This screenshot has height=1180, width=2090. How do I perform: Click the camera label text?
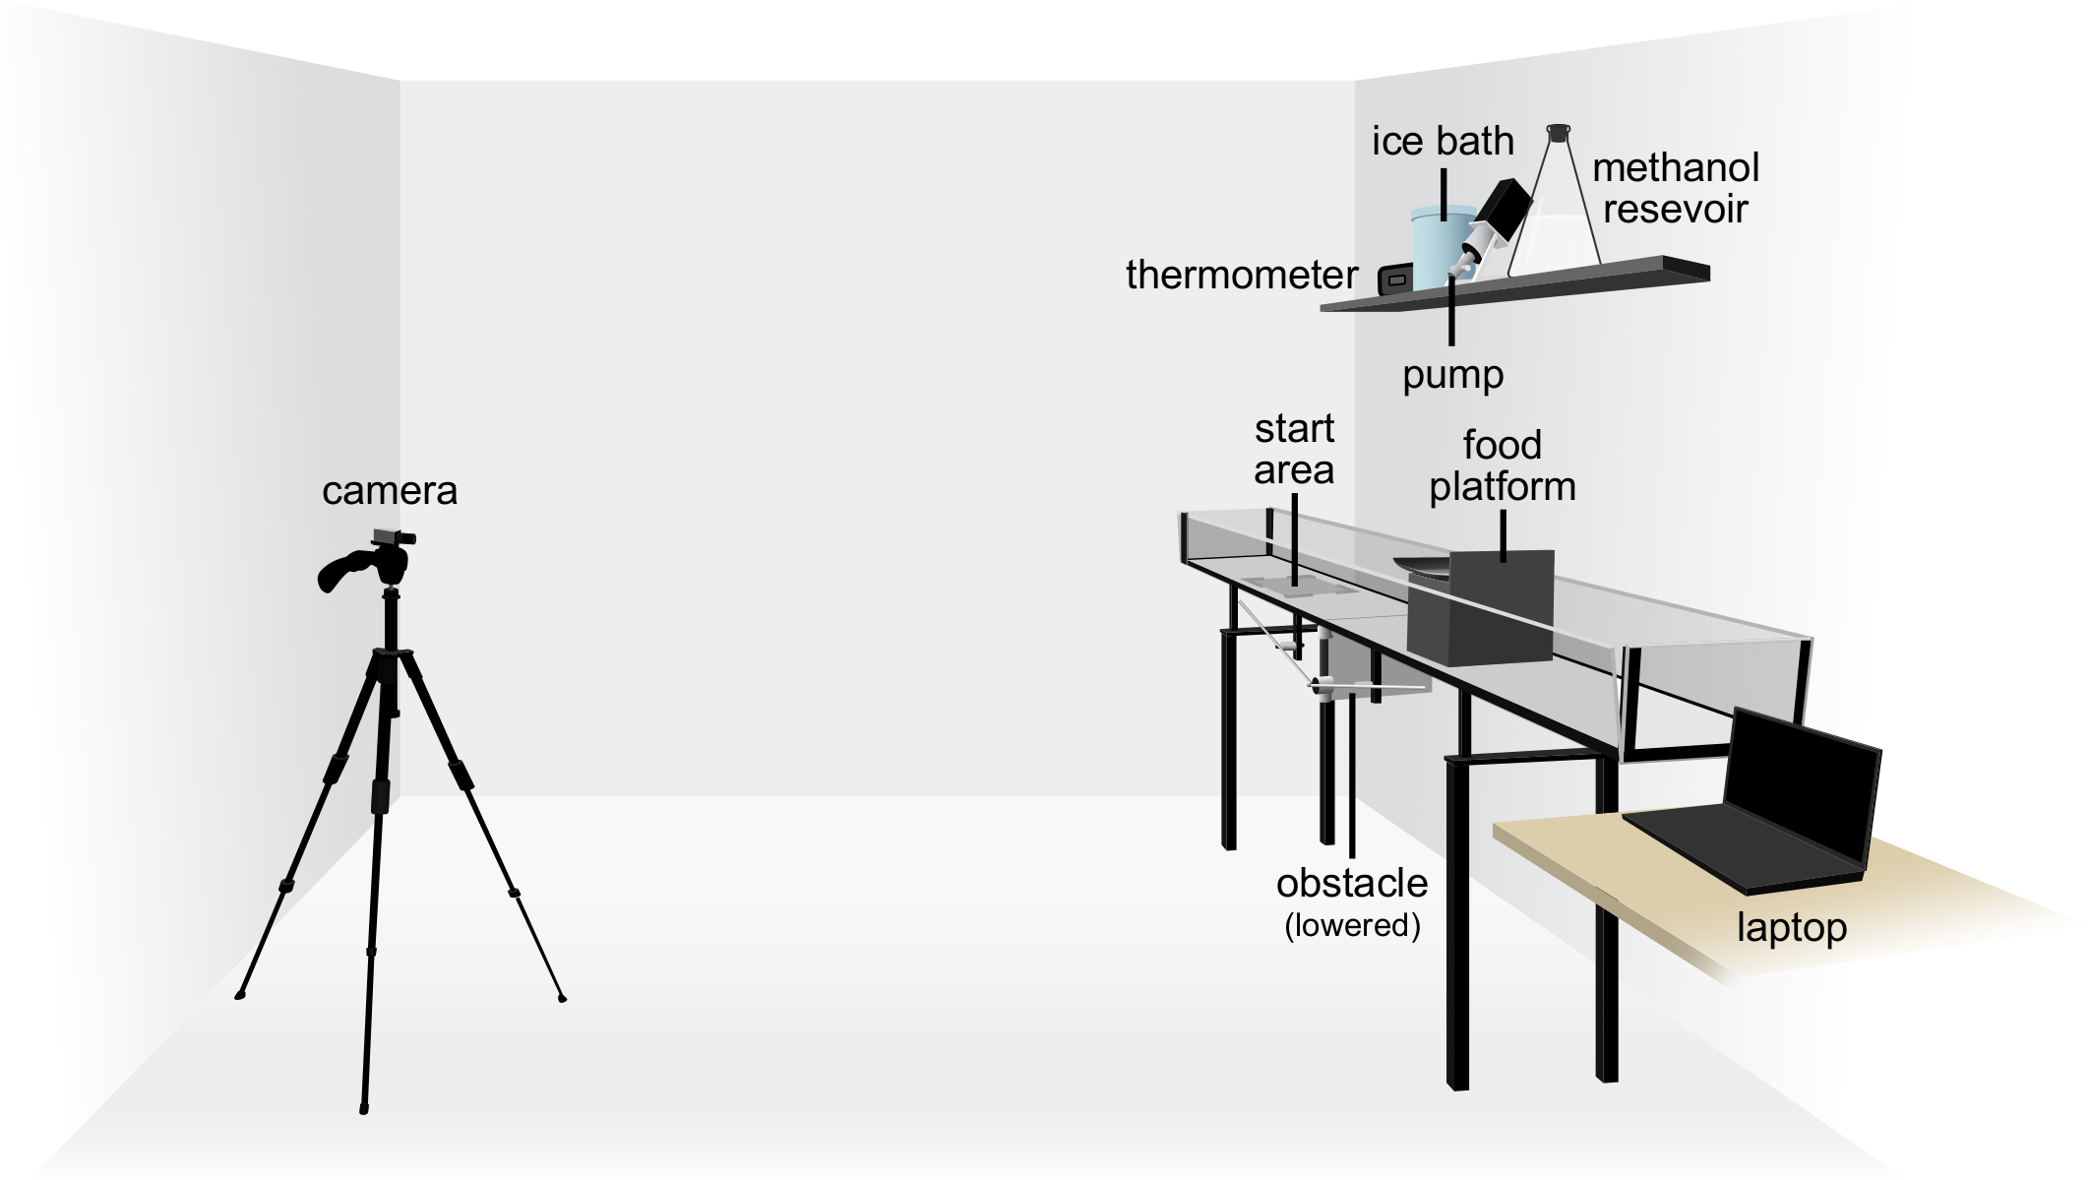[390, 491]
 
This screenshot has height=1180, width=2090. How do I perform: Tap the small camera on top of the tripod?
[393, 537]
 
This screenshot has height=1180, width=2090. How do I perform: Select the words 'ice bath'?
[1443, 142]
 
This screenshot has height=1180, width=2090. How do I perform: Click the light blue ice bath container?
[1439, 246]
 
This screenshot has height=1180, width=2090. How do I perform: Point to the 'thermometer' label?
[1242, 276]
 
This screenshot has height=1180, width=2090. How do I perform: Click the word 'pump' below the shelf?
[1452, 375]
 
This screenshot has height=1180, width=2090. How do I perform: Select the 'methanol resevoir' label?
[1675, 188]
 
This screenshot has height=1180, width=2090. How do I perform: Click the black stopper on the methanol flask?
[1558, 131]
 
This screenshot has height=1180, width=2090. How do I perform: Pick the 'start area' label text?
[1294, 450]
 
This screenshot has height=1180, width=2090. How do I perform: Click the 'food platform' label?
[1502, 466]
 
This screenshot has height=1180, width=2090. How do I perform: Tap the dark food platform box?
[1481, 610]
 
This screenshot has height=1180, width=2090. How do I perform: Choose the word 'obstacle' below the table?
[1352, 884]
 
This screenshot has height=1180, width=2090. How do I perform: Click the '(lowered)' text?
[1352, 926]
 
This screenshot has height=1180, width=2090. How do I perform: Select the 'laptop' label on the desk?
[1791, 928]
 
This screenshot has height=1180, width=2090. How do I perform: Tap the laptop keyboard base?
[1742, 846]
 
